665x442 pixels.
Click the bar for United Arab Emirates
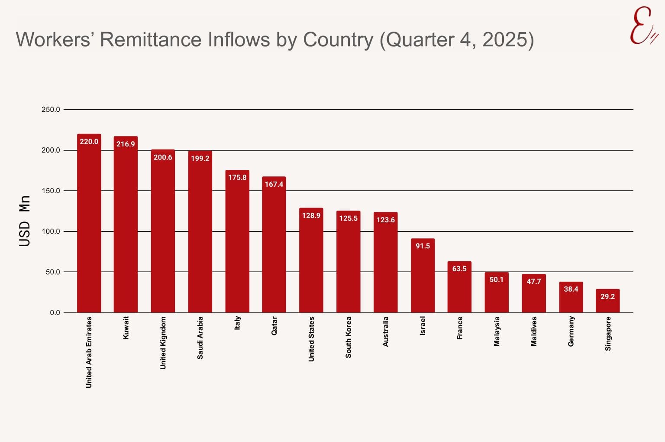point(89,225)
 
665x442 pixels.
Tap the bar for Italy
point(237,243)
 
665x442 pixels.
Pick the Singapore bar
point(607,303)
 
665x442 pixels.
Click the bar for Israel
point(423,277)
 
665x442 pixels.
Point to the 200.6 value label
point(163,157)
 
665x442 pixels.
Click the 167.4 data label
point(274,184)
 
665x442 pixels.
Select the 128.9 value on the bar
point(311,215)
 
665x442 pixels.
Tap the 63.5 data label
point(459,269)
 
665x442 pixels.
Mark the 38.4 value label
point(571,289)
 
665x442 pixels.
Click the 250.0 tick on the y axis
point(51,110)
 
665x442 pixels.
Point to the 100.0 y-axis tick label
point(51,231)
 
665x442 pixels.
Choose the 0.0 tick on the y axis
point(55,312)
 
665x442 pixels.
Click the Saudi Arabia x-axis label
point(200,338)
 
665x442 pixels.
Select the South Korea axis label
point(349,337)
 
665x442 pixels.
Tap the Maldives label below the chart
point(534,331)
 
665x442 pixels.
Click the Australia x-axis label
point(385,331)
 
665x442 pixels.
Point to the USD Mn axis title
point(25,221)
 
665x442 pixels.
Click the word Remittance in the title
point(151,39)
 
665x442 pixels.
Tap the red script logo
point(643,26)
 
